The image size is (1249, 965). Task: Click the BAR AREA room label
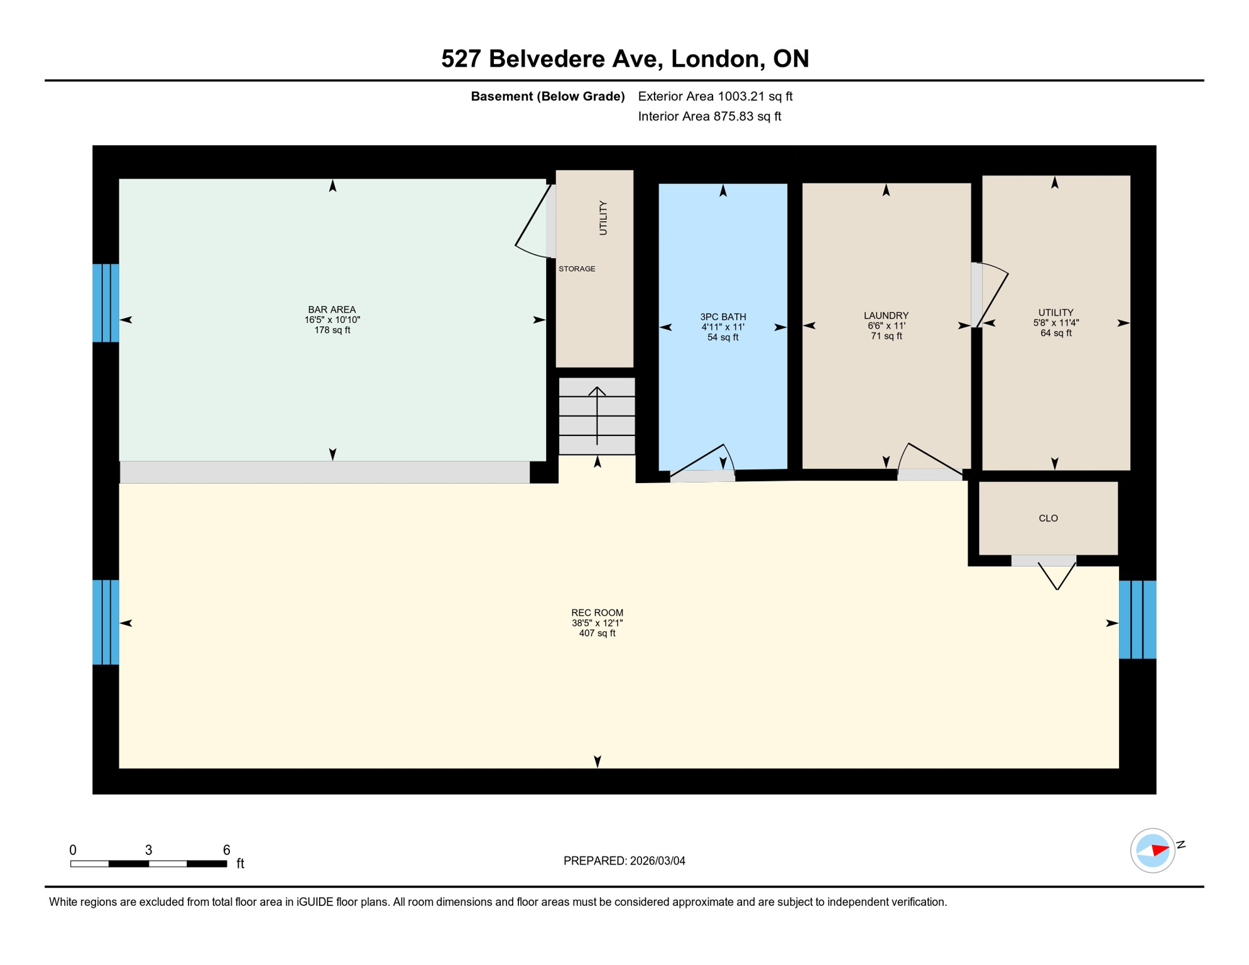click(x=332, y=309)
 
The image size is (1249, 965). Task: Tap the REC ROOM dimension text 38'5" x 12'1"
click(x=597, y=623)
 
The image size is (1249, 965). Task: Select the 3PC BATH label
click(x=723, y=317)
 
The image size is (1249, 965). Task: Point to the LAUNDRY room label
click(x=886, y=315)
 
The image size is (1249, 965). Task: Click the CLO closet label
click(x=1048, y=518)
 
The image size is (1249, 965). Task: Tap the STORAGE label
click(x=577, y=269)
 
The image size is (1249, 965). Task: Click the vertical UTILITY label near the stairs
click(x=603, y=218)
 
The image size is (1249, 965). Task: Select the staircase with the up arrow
click(x=597, y=416)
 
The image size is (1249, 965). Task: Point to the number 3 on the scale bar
click(x=148, y=850)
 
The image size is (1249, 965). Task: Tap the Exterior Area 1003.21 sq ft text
click(x=715, y=96)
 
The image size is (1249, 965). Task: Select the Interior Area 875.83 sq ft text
click(x=709, y=116)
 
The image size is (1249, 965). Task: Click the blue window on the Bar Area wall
click(x=106, y=303)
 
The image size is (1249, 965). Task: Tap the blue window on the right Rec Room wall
click(x=1137, y=619)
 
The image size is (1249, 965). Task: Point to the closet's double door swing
click(x=1057, y=575)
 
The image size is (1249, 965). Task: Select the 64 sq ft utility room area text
click(x=1055, y=333)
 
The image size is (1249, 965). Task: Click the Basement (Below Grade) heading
click(x=547, y=96)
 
